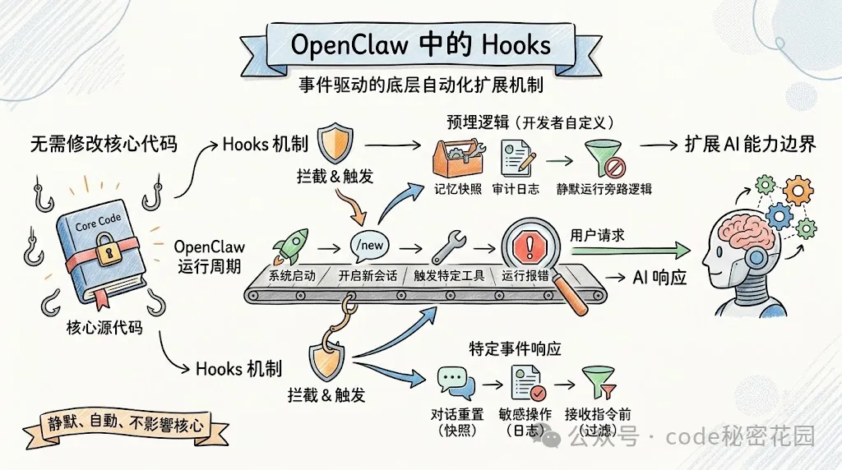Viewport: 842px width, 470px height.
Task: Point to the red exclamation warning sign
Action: tap(526, 245)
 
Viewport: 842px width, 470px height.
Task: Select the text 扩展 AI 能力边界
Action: tap(750, 144)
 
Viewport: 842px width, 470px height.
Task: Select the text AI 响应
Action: tap(659, 278)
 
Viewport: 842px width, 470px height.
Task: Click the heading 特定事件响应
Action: tap(515, 348)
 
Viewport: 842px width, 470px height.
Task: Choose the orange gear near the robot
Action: tap(796, 191)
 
